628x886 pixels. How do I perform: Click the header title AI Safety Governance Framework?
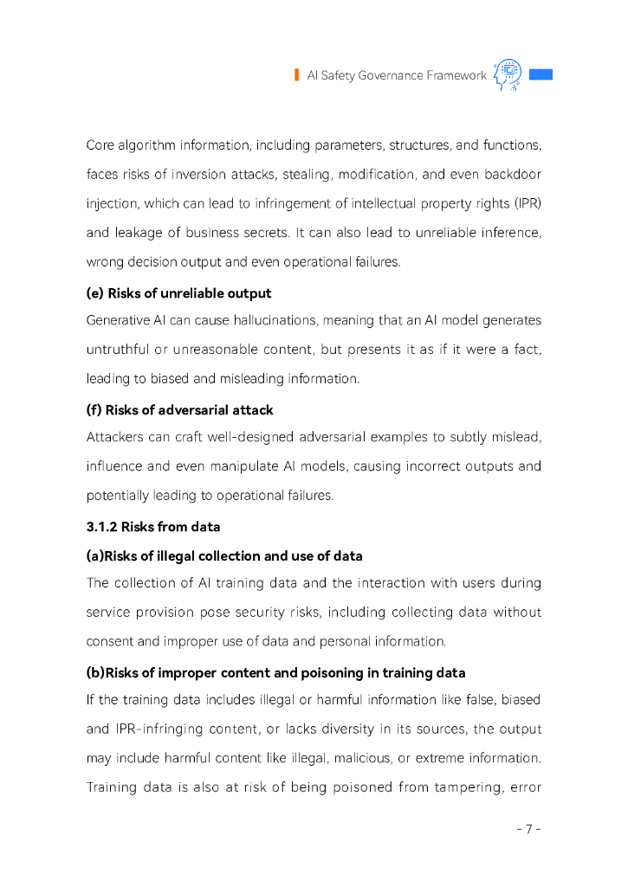(x=397, y=76)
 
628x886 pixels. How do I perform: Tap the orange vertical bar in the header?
(x=296, y=75)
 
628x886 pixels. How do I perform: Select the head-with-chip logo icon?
(x=507, y=75)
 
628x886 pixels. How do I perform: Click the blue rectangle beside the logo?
(x=541, y=74)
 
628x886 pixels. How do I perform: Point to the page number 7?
(x=528, y=829)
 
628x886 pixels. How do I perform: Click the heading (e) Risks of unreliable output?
(x=178, y=293)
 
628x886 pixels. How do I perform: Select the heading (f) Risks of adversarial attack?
(x=179, y=410)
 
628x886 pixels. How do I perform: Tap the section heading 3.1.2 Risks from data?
(x=152, y=527)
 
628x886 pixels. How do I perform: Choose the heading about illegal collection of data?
(x=224, y=555)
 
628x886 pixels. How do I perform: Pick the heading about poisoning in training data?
(x=275, y=672)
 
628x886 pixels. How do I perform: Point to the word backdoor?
(x=514, y=175)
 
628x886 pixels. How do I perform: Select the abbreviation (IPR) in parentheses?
(x=526, y=204)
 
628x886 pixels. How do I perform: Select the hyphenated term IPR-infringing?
(x=154, y=729)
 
